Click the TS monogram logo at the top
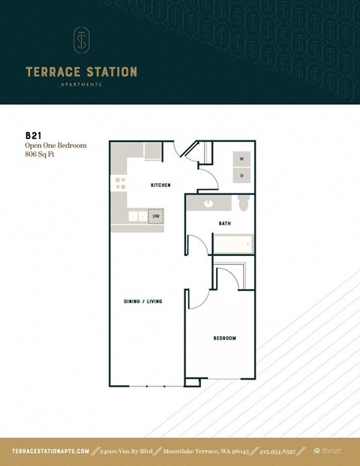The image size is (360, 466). tap(81, 41)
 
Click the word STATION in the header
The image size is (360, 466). tap(110, 73)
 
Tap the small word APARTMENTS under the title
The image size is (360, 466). tap(81, 85)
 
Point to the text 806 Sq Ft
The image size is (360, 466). tap(41, 155)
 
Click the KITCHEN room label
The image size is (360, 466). tap(160, 185)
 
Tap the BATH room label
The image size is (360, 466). tap(224, 224)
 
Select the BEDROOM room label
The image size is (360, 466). tap(224, 338)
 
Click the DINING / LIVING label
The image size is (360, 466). tap(143, 302)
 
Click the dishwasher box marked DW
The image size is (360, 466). tap(156, 216)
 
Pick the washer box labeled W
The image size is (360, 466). tap(241, 160)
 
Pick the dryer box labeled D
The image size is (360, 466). tap(241, 176)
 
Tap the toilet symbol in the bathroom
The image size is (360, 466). tap(242, 204)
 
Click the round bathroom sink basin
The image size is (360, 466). tap(207, 203)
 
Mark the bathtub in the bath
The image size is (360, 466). tap(233, 245)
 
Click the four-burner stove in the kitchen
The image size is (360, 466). tap(119, 183)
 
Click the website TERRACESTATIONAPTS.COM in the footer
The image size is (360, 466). tap(51, 451)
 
